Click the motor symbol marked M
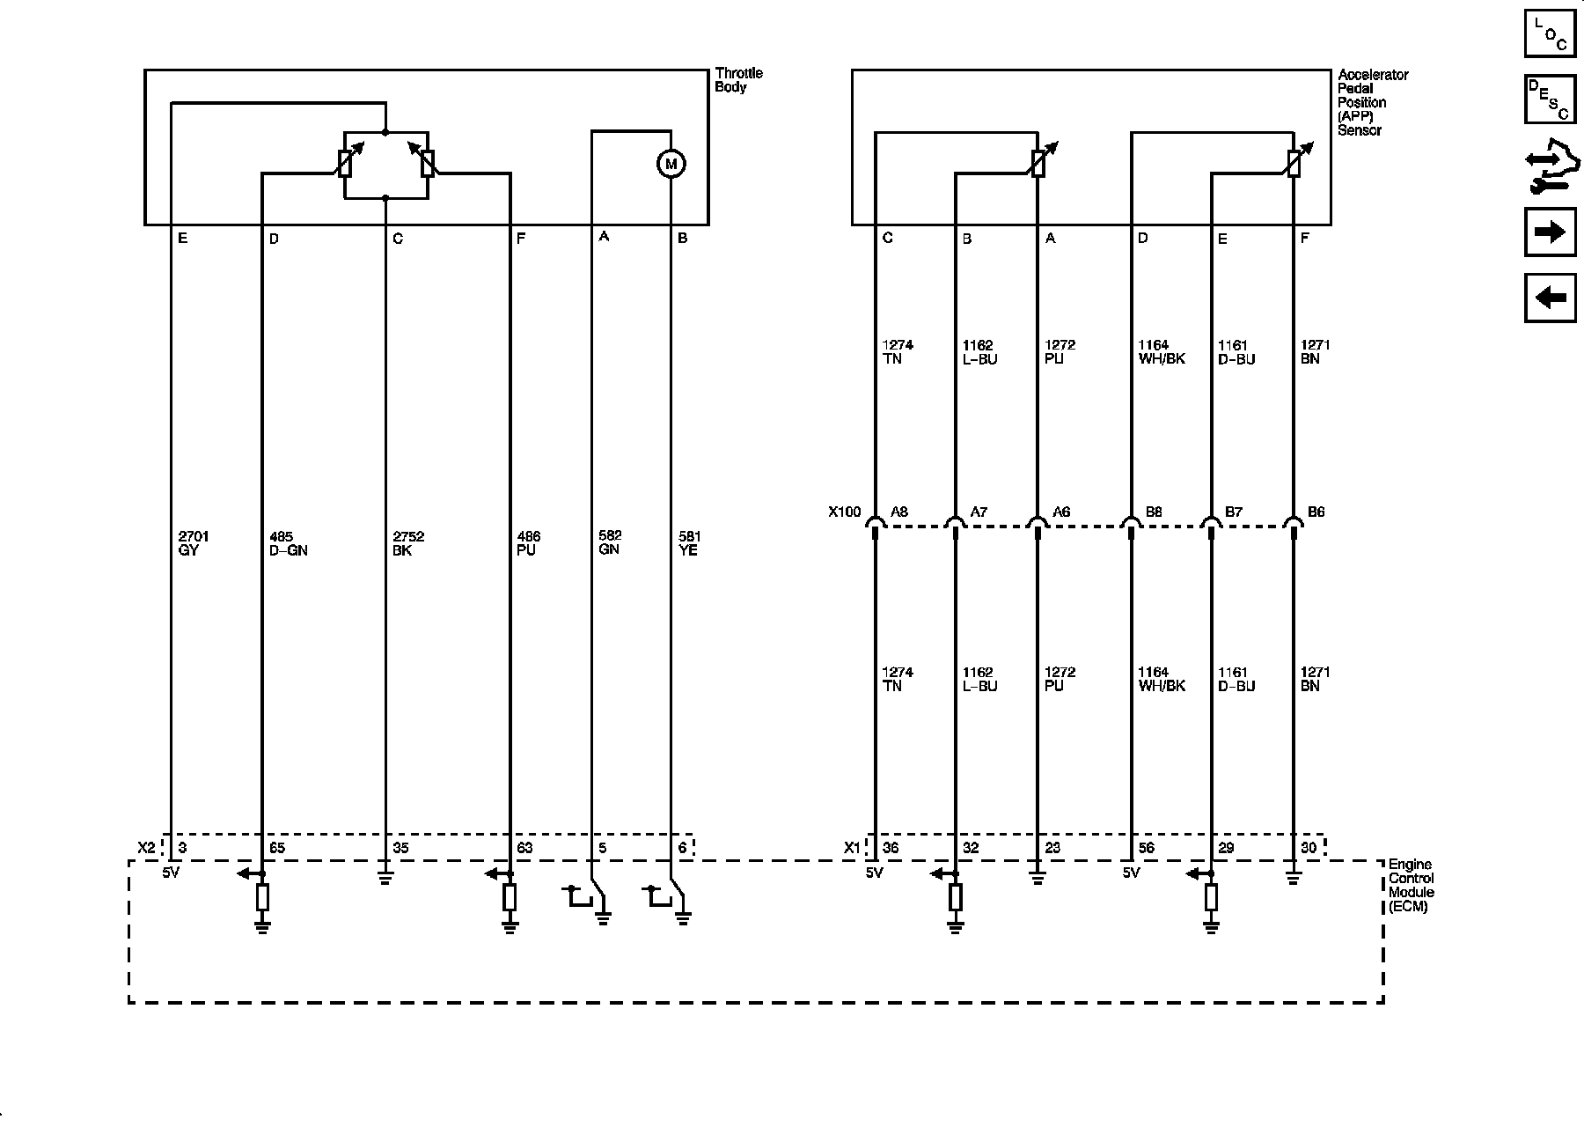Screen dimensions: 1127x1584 [671, 164]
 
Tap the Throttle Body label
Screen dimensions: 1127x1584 [738, 80]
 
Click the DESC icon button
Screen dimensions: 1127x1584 [1550, 99]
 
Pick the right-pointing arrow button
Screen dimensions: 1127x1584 [1550, 232]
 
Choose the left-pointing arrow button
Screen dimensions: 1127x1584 [1550, 298]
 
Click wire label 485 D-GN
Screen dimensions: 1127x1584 [288, 543]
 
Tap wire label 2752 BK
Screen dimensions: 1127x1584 [408, 543]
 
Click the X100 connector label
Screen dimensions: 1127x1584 [845, 512]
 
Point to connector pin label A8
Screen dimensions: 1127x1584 [898, 512]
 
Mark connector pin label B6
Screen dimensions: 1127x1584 [1316, 512]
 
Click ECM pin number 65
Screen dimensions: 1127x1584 [276, 848]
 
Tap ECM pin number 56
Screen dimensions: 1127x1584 [1146, 848]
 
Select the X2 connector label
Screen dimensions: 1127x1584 [147, 848]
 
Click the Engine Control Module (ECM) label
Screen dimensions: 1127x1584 [1411, 885]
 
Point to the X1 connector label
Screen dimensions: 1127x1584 [852, 848]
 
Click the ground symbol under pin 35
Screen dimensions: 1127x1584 [385, 877]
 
